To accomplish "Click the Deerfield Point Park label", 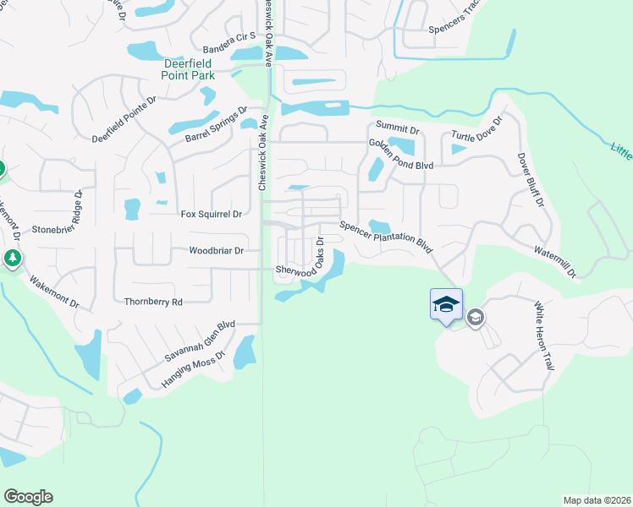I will [188, 68].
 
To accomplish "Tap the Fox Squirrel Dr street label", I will [212, 215].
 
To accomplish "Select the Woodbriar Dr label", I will [217, 251].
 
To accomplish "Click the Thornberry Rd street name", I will [153, 302].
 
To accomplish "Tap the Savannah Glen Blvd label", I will [200, 341].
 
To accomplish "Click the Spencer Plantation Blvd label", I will [386, 237].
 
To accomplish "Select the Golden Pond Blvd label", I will [401, 155].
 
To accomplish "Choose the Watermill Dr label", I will [555, 262].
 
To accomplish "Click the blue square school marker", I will [446, 303].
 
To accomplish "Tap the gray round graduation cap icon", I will [476, 317].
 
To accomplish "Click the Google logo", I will [28, 497].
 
